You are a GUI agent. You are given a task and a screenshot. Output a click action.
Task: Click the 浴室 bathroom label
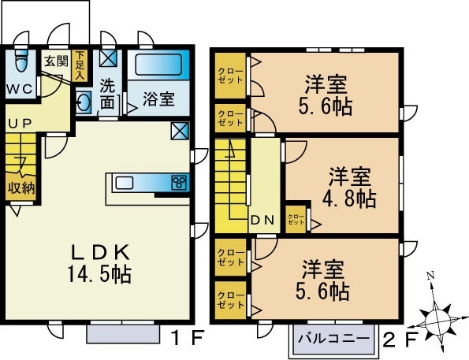point(158,99)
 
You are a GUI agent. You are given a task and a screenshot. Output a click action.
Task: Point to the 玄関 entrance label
point(54,60)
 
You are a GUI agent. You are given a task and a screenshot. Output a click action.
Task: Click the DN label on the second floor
point(261,221)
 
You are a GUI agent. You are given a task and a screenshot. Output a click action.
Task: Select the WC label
point(19,88)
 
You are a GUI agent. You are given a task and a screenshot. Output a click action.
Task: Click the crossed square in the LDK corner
point(181,130)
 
